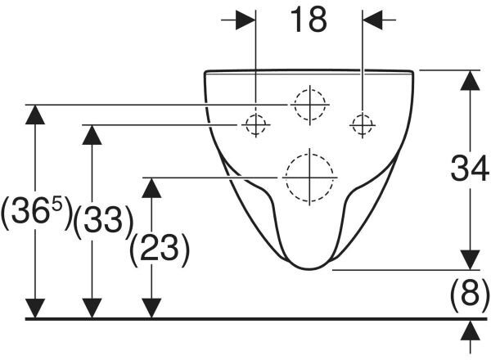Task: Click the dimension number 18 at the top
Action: [x=309, y=20]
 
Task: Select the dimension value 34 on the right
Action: [x=470, y=169]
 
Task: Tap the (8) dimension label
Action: [x=469, y=293]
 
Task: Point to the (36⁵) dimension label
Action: [x=37, y=212]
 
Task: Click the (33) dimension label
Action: [x=103, y=221]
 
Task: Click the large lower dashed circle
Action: [x=309, y=178]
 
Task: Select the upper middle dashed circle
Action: [x=310, y=104]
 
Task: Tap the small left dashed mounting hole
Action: [x=256, y=124]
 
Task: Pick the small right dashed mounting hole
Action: [x=363, y=124]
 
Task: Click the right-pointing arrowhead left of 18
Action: [x=245, y=20]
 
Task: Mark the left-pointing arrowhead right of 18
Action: [x=372, y=20]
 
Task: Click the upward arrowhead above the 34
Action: [x=470, y=80]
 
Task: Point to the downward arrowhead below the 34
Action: [x=470, y=259]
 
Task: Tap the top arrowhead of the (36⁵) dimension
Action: [x=35, y=115]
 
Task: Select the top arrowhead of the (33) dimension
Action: [x=92, y=135]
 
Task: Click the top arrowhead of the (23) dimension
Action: [x=151, y=187]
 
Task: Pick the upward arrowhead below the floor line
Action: [x=470, y=330]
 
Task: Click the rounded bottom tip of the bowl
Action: [x=309, y=269]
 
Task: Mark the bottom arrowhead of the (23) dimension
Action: [x=151, y=308]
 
